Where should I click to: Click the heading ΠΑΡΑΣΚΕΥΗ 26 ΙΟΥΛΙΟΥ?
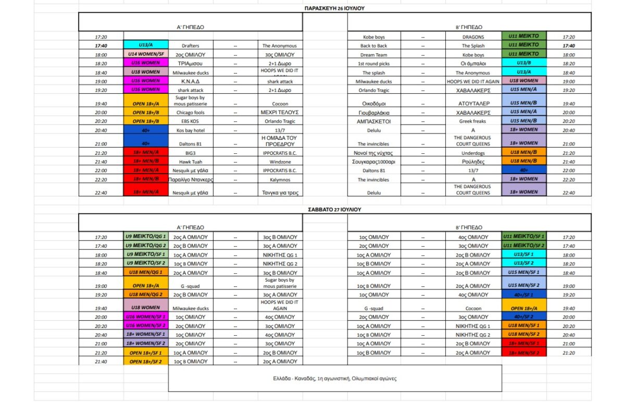[x=334, y=8]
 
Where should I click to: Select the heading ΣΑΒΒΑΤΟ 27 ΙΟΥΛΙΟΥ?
[x=334, y=209]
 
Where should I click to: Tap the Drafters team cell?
[x=191, y=46]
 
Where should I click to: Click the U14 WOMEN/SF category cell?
[x=145, y=54]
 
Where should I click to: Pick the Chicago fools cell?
[x=191, y=113]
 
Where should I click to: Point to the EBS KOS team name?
[x=191, y=121]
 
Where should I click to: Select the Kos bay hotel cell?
[x=191, y=130]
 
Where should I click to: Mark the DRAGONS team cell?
[x=473, y=37]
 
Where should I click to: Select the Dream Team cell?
[x=374, y=55]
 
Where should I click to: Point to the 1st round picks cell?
[x=374, y=64]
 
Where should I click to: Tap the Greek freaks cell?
[x=473, y=121]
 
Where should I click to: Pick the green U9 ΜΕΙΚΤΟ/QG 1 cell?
[x=145, y=237]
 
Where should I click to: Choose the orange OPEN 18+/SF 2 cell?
[x=145, y=361]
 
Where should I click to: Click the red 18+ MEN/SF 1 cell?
[x=523, y=344]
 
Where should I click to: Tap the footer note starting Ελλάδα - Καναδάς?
[x=335, y=379]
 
